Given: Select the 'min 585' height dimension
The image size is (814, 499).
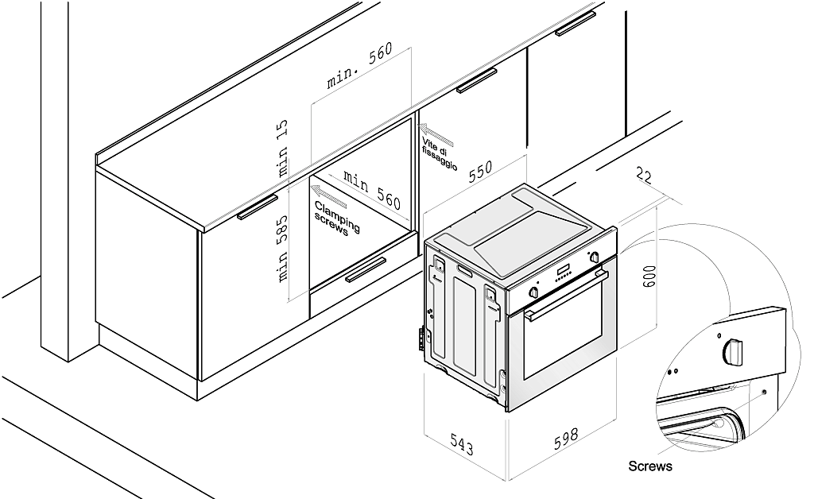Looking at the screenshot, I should coord(283,249).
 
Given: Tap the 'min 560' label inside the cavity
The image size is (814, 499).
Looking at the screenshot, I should coord(370,188).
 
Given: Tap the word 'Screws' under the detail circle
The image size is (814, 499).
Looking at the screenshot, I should coord(649,466).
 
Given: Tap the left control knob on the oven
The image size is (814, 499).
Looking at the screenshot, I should coord(534,292).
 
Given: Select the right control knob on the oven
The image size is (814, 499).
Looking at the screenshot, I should coord(595,257).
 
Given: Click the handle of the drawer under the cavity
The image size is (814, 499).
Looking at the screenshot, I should coord(366,270).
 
